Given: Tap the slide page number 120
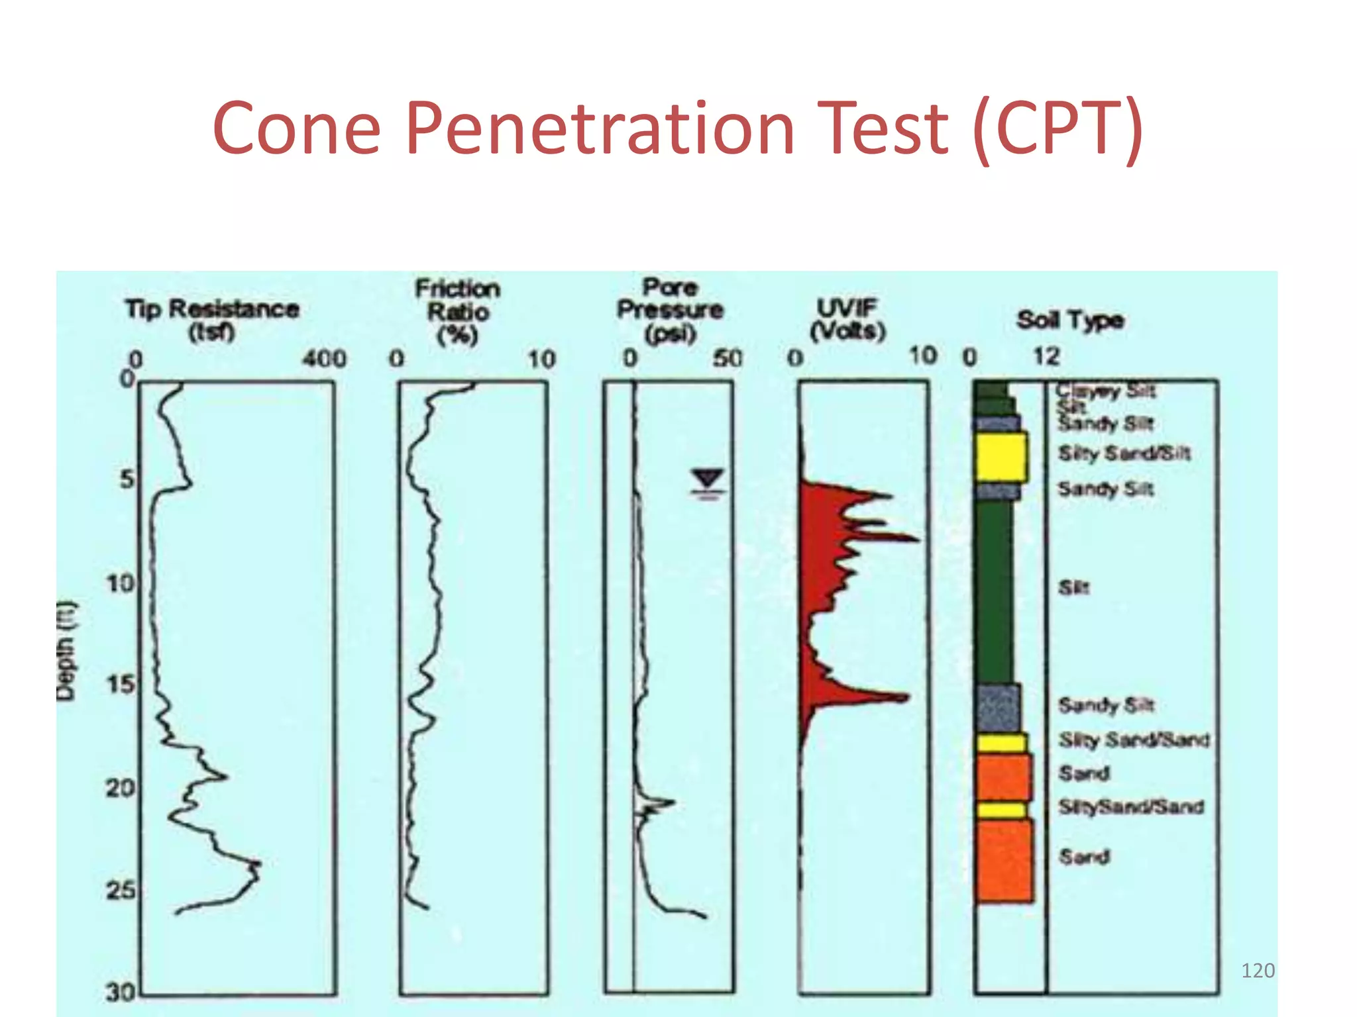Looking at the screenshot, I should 1257,971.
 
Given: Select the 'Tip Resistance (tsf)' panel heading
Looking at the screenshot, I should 212,319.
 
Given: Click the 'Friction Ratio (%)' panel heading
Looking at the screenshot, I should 458,311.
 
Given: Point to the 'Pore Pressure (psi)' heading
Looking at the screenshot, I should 670,310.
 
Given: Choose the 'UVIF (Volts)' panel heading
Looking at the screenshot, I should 847,318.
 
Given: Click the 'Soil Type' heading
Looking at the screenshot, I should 1070,320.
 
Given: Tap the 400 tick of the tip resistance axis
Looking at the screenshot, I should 324,359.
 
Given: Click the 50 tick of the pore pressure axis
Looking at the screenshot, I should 728,358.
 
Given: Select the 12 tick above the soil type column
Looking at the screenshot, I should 1046,356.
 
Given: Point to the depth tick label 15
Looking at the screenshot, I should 121,684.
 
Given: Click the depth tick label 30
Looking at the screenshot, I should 121,992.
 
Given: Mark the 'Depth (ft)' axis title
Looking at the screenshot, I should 67,650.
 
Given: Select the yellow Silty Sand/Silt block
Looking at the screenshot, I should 1001,456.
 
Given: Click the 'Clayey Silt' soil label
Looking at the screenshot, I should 1105,391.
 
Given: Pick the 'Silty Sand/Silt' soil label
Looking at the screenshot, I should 1124,454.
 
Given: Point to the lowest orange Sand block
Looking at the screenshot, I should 1004,861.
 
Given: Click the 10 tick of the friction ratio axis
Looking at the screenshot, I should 541,360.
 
